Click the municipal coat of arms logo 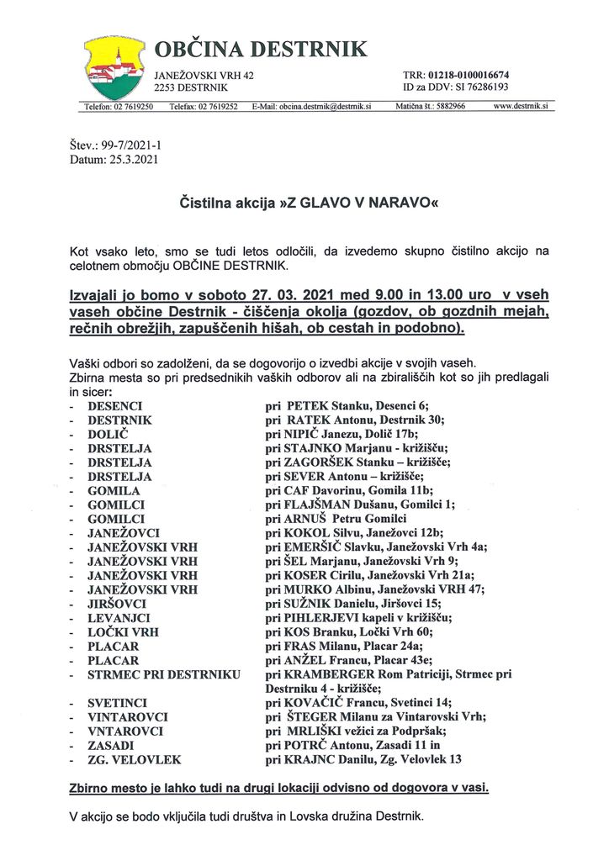[114, 68]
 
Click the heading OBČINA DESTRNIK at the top [261, 50]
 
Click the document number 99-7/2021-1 [132, 145]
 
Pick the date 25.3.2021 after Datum [135, 158]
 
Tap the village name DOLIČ [107, 433]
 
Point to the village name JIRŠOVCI [117, 604]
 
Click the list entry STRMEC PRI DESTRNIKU [164, 674]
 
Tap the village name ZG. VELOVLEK [135, 759]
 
